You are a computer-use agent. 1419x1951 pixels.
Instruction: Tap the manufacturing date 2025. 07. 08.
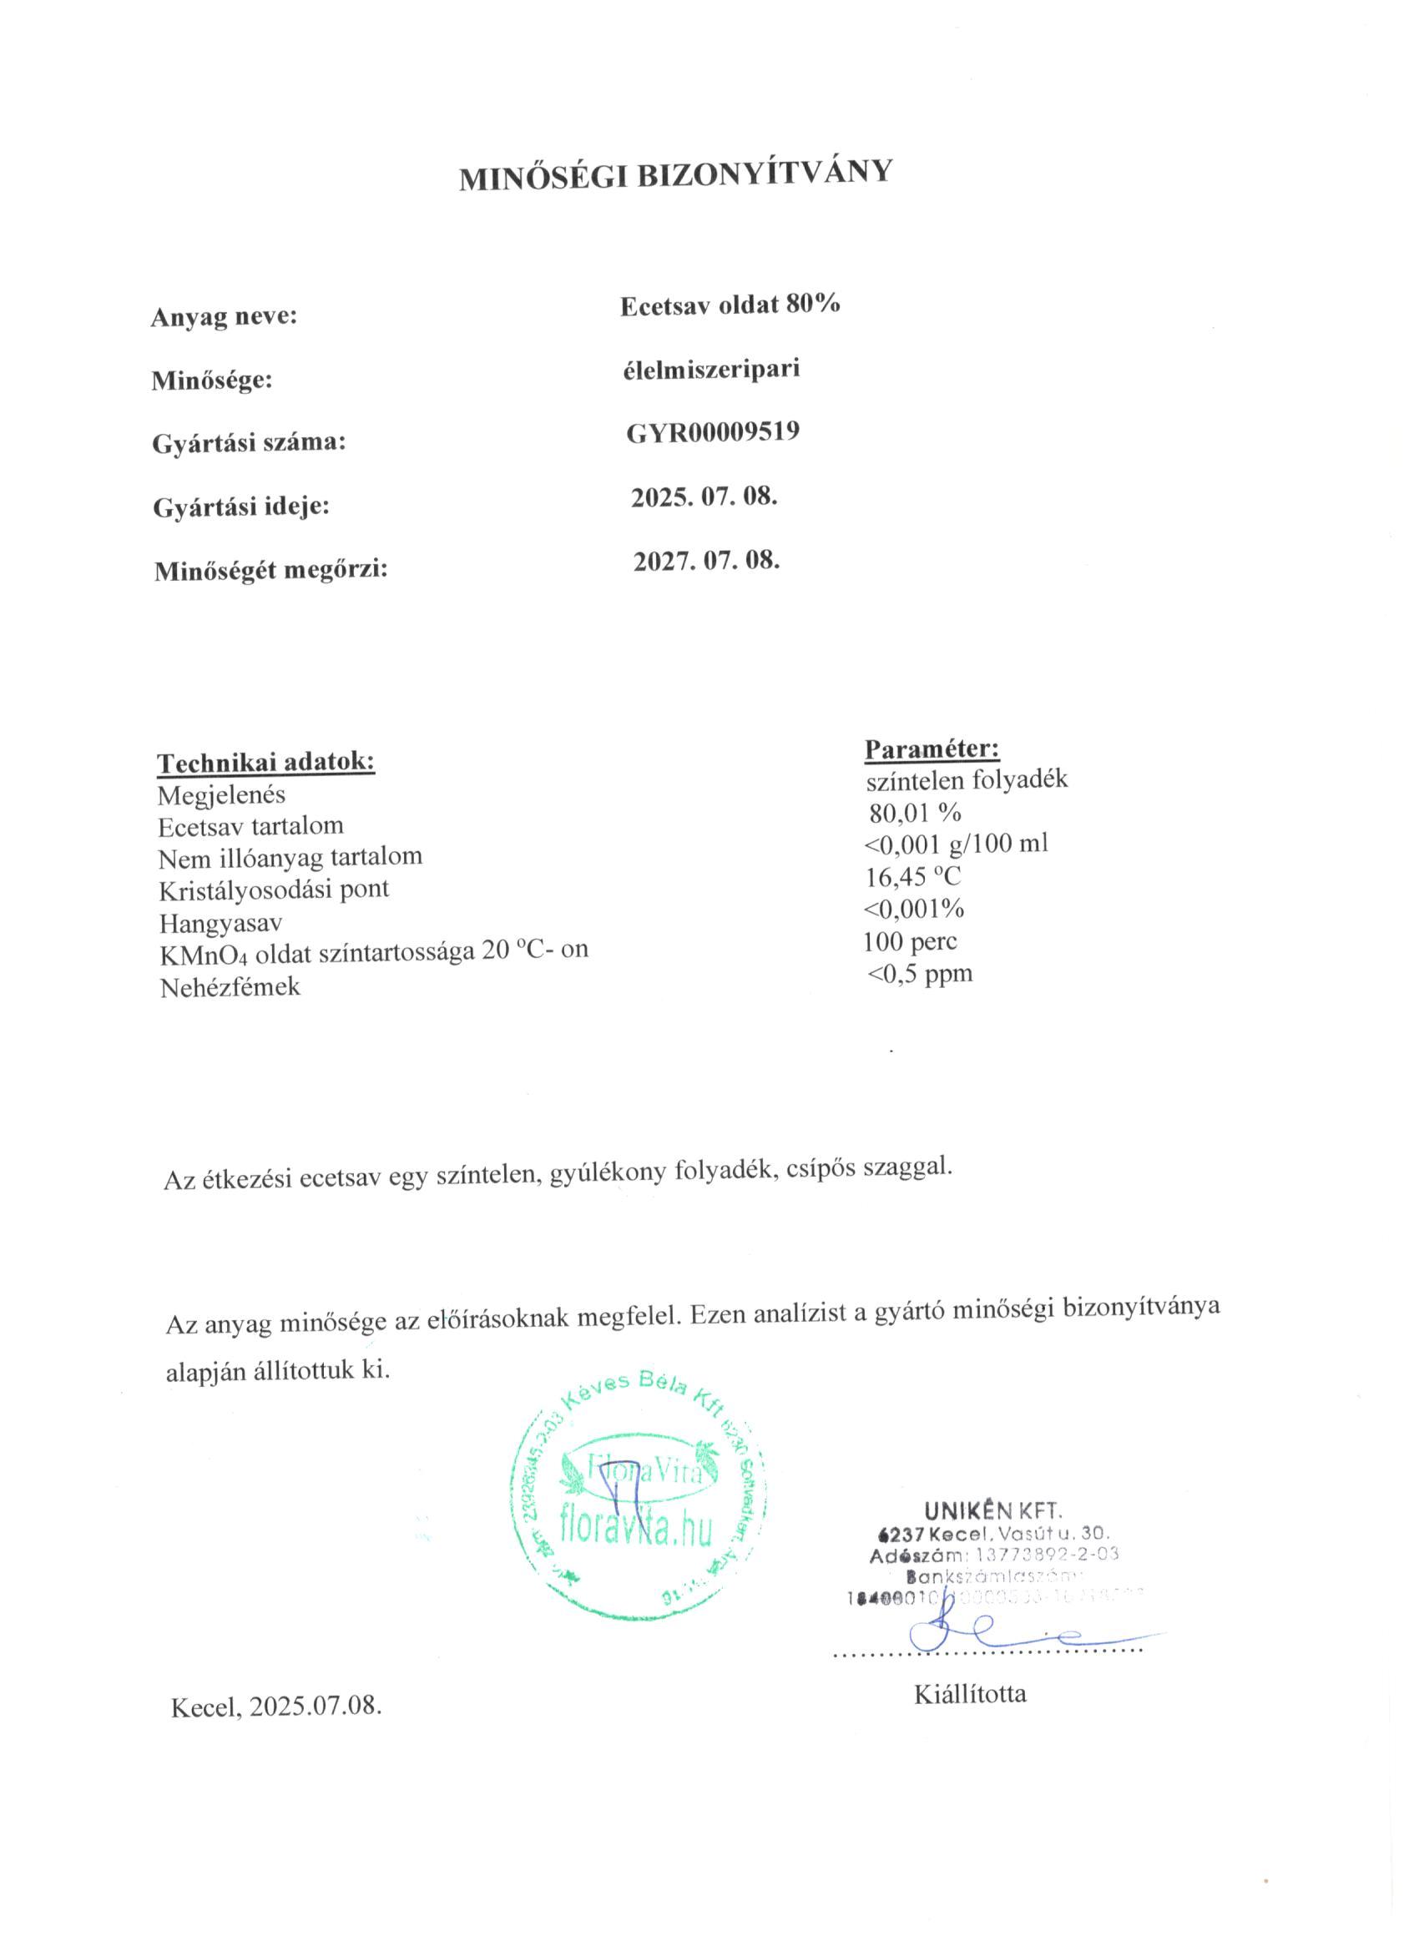click(x=704, y=497)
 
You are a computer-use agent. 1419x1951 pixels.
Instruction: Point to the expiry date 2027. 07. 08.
click(x=706, y=561)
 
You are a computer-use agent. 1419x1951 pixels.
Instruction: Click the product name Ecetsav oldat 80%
click(x=730, y=305)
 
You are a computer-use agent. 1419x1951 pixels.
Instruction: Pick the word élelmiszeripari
click(x=711, y=369)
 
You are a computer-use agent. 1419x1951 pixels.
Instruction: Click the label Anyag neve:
click(x=224, y=316)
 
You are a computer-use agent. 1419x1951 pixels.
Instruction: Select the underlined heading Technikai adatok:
click(x=266, y=762)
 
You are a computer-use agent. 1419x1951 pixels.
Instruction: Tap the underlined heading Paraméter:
click(x=932, y=749)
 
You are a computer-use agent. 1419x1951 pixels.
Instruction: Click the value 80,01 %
click(x=915, y=812)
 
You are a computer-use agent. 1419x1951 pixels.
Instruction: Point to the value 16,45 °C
click(x=912, y=876)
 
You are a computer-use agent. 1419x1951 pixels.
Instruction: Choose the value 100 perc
click(x=910, y=941)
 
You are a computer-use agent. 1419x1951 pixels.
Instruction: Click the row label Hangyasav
click(x=220, y=923)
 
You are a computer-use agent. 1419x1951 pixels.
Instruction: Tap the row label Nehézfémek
click(x=230, y=986)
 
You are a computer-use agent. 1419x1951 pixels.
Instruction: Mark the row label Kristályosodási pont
click(x=274, y=889)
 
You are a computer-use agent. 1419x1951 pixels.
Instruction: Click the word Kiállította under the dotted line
click(x=970, y=1694)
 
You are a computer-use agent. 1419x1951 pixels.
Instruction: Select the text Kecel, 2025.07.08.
click(x=276, y=1706)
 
